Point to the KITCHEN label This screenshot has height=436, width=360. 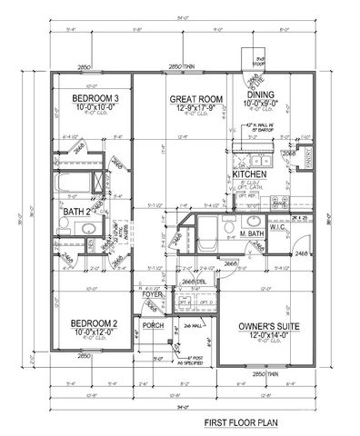(249, 173)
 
